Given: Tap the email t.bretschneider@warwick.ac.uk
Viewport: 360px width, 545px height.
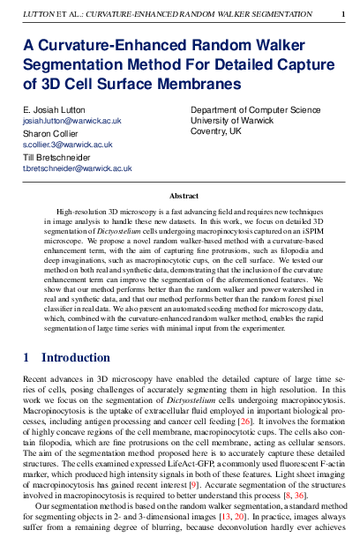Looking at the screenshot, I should tap(77, 168).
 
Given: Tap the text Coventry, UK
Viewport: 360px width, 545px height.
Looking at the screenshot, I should tap(216, 131).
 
